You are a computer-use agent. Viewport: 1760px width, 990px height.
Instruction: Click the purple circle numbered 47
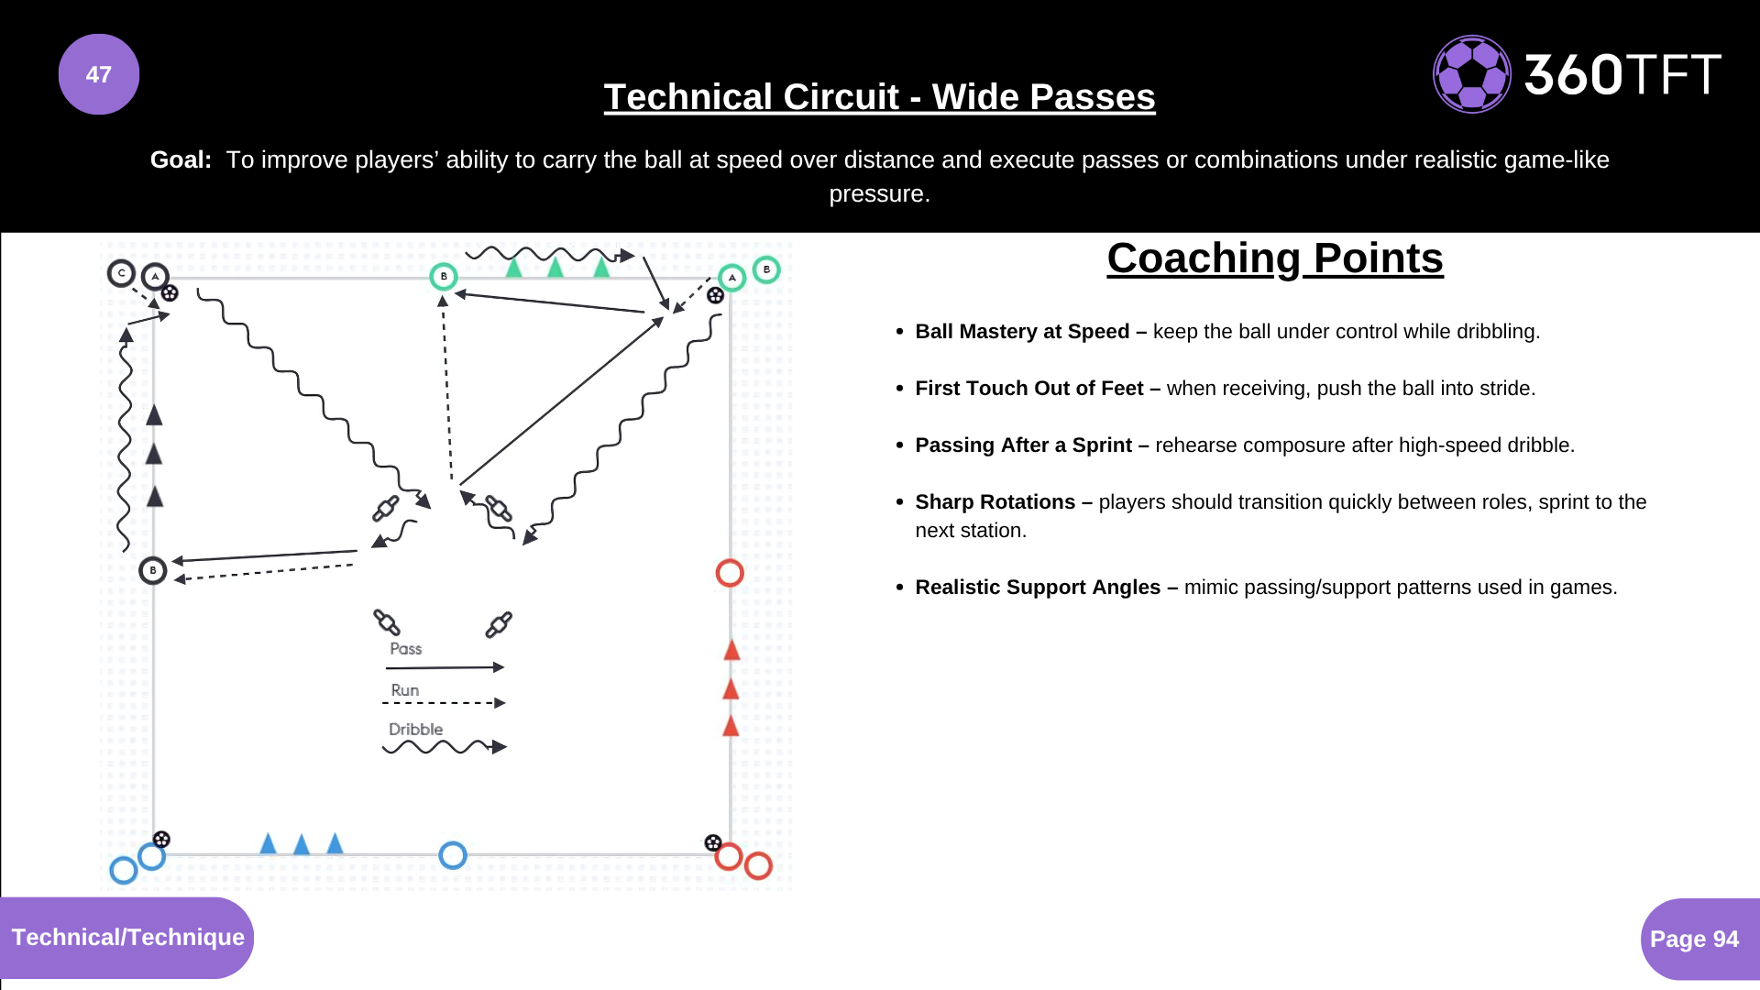point(99,74)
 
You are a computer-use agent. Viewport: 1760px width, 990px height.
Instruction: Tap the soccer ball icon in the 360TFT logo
point(1471,74)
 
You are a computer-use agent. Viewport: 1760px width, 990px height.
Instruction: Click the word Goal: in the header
point(181,159)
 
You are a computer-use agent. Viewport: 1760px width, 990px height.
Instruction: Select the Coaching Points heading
point(1274,258)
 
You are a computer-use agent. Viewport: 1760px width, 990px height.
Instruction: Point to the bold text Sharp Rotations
point(995,502)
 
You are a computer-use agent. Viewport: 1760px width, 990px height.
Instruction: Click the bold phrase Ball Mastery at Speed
point(1021,332)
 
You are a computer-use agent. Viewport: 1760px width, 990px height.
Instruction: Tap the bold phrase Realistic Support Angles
point(1037,588)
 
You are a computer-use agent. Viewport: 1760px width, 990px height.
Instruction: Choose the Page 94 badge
point(1694,939)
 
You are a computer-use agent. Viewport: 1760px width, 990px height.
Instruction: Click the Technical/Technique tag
point(127,937)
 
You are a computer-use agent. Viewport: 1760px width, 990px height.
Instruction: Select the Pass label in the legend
point(405,649)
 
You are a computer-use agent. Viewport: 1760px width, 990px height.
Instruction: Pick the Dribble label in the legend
point(415,730)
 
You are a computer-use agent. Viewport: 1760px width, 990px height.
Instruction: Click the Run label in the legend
point(404,690)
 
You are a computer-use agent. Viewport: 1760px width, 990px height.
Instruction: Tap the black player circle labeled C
point(121,273)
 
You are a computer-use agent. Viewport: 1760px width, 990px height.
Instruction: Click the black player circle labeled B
point(153,570)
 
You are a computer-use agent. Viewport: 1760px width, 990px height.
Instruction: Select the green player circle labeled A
point(731,277)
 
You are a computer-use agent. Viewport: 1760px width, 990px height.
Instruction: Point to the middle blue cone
point(302,843)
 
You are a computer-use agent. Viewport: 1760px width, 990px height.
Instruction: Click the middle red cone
point(731,688)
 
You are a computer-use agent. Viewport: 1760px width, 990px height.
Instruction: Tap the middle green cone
point(555,267)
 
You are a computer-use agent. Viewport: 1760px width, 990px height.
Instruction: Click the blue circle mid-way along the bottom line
point(453,855)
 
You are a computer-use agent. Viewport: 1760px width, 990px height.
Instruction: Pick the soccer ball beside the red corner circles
point(713,842)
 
